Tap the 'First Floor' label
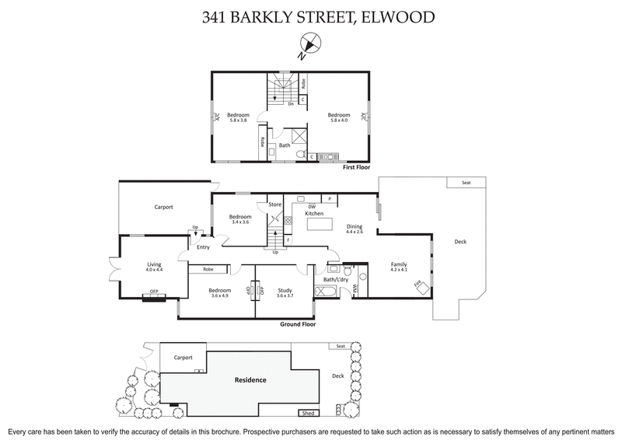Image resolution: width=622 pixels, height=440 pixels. coord(355,166)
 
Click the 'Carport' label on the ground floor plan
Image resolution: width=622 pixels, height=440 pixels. coord(163,207)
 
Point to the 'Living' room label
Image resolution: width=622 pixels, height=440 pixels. coord(154,265)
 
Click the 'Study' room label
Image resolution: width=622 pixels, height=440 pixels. coord(285,291)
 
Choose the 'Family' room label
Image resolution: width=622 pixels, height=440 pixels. coord(399,265)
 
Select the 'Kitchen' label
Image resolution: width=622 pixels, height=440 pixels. coord(314,212)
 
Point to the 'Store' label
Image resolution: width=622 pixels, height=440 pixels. coord(274,204)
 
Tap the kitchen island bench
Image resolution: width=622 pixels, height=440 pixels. coord(320,225)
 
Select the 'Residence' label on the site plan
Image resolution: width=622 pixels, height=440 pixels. coord(251,380)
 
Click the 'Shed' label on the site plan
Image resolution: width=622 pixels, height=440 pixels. coord(308,414)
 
